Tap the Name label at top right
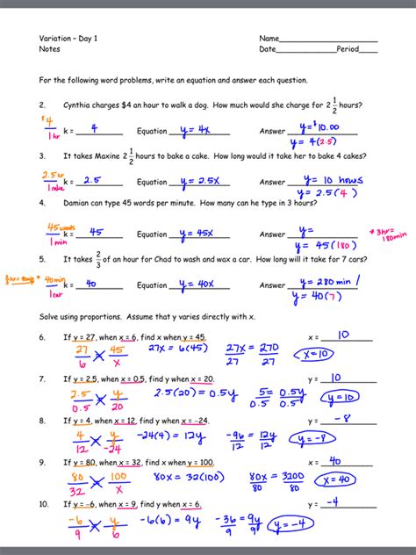tap(269, 40)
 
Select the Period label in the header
tap(348, 49)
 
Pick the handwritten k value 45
tap(97, 233)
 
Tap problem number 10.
tap(43, 505)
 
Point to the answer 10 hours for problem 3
tap(333, 180)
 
